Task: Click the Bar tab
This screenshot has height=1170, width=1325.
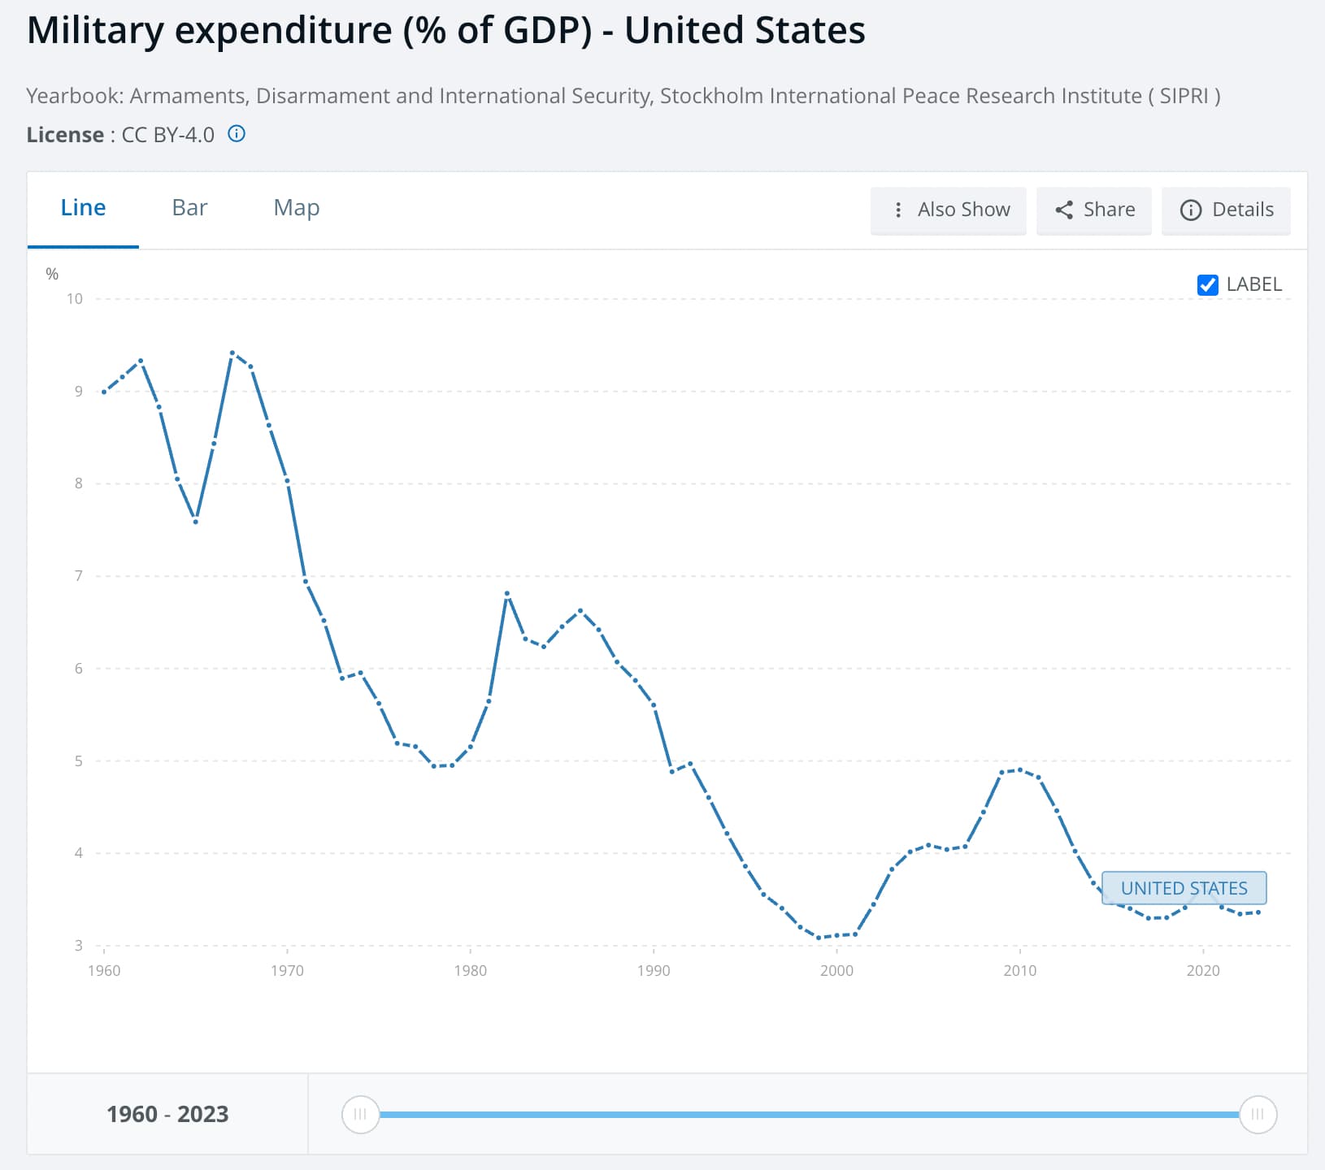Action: pos(189,208)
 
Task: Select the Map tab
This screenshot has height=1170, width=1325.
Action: pos(297,208)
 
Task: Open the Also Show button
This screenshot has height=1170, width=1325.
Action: pos(949,210)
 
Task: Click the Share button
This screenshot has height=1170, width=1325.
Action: pos(1094,210)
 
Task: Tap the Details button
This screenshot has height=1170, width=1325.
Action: pos(1226,210)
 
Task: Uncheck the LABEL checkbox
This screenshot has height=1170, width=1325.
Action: pos(1208,284)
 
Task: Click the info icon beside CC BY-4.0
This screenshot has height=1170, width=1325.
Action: pos(237,134)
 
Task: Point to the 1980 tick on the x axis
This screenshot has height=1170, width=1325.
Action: pos(470,970)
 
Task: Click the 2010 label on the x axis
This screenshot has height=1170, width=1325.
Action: pos(1019,970)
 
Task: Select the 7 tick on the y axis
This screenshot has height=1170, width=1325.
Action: pos(79,576)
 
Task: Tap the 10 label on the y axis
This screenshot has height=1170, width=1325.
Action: pos(75,299)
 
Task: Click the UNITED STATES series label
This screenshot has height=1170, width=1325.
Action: pos(1184,888)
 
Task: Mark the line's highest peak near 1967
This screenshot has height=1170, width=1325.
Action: pos(232,353)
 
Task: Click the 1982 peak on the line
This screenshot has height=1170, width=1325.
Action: pos(507,593)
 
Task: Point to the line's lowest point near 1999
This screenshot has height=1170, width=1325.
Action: pos(819,938)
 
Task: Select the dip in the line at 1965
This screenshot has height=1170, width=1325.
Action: pos(196,522)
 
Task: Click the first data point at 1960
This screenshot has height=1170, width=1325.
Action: pos(104,392)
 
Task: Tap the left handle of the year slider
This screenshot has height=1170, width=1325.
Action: pos(360,1114)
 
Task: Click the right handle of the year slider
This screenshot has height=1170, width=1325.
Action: pos(1258,1114)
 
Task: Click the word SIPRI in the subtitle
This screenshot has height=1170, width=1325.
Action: pos(1184,96)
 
